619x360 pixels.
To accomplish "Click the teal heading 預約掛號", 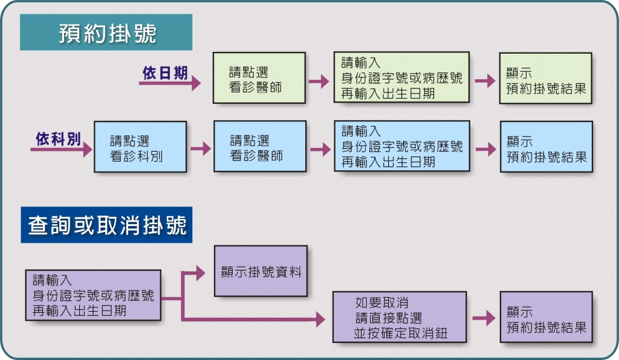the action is [x=106, y=33].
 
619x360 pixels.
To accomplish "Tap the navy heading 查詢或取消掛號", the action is [x=106, y=225].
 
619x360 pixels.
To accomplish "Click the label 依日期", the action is [x=165, y=73].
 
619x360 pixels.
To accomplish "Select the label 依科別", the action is [x=59, y=139].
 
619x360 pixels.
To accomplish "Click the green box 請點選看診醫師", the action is [x=259, y=78].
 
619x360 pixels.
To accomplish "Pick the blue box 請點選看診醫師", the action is [x=260, y=146].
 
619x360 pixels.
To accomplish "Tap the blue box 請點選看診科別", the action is [x=140, y=147].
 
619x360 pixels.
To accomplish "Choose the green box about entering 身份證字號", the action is [x=401, y=77].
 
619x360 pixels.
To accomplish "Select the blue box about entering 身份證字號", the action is [x=402, y=146].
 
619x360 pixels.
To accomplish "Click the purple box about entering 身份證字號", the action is [x=93, y=295].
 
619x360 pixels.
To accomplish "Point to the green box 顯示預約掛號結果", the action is [x=546, y=78].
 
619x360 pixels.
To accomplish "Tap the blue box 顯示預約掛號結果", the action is [x=546, y=147].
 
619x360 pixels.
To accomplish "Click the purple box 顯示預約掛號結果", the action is [x=546, y=317].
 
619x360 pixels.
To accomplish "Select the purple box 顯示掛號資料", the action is [x=261, y=271].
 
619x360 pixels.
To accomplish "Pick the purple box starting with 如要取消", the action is [x=400, y=317].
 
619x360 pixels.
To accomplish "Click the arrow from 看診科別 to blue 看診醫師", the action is [x=201, y=149].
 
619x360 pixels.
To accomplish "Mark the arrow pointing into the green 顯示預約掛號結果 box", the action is [x=485, y=81].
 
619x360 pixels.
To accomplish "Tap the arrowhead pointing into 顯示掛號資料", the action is [x=200, y=272].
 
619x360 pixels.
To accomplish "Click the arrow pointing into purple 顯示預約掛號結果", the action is [x=484, y=318].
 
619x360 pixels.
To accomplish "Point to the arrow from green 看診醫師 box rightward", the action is [x=319, y=82].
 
